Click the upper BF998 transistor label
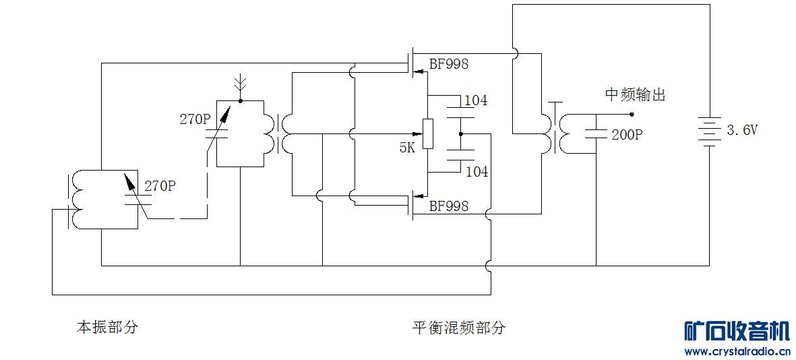(x=449, y=65)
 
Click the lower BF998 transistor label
(x=449, y=206)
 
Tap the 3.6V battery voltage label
(x=741, y=131)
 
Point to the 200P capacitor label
(x=627, y=135)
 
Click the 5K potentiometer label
(x=407, y=148)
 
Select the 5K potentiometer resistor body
(x=427, y=133)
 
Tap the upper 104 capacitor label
(x=477, y=101)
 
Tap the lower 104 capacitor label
(x=477, y=172)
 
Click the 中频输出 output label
(x=635, y=95)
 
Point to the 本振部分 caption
(x=107, y=328)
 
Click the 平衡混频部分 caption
(x=459, y=328)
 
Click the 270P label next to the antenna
(x=195, y=119)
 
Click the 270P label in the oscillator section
(x=160, y=186)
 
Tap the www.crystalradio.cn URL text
(x=737, y=351)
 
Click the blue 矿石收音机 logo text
(x=737, y=331)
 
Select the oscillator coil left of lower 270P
(x=78, y=200)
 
